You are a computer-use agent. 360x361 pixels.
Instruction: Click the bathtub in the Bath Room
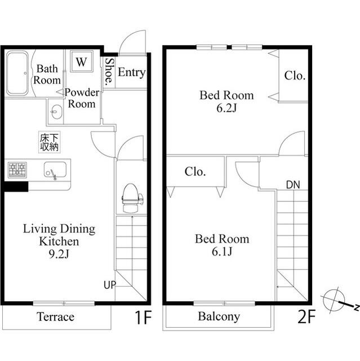(x=17, y=73)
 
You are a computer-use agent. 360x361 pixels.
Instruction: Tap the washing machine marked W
(x=82, y=61)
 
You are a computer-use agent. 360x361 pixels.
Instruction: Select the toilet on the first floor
(x=132, y=198)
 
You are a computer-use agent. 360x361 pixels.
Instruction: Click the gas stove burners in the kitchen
(x=17, y=170)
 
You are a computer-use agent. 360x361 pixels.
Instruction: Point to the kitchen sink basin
(x=55, y=170)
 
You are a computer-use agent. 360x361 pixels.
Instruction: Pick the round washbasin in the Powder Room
(x=56, y=112)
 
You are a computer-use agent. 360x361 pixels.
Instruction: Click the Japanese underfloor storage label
(x=50, y=142)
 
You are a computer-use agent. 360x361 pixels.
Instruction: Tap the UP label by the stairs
(x=110, y=285)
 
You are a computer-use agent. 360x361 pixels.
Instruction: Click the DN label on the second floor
(x=293, y=184)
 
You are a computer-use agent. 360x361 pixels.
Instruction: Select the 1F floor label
(x=143, y=317)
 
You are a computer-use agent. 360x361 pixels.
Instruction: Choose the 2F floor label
(x=306, y=317)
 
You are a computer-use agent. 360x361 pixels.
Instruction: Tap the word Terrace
(x=55, y=317)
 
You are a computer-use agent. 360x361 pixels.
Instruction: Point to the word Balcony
(x=219, y=317)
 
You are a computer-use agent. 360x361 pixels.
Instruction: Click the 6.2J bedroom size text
(x=226, y=108)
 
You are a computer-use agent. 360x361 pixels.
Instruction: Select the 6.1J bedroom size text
(x=222, y=252)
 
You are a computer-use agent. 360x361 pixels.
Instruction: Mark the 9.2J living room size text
(x=59, y=254)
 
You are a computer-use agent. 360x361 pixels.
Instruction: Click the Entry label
(x=131, y=73)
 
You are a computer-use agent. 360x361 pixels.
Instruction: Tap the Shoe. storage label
(x=109, y=72)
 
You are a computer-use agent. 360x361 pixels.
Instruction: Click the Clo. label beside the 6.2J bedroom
(x=295, y=76)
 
